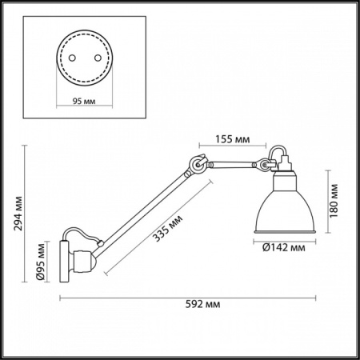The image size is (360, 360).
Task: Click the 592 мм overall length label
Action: (201, 305)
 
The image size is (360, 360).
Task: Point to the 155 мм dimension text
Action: (232, 140)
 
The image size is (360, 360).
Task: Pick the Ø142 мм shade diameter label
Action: (285, 247)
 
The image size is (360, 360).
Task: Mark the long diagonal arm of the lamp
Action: (144, 207)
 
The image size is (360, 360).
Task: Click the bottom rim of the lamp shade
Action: (285, 233)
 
